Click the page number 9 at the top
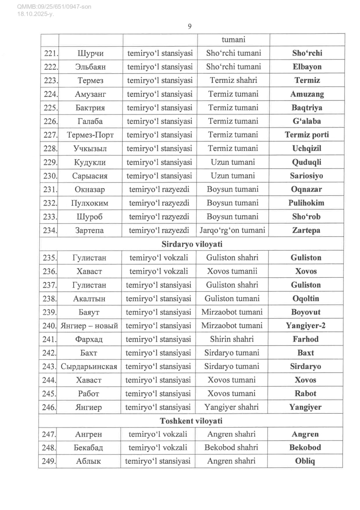[x=190, y=26]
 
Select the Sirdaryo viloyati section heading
[x=192, y=244]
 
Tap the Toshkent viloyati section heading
[x=191, y=421]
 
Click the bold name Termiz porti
[x=307, y=135]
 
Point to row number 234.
[x=50, y=230]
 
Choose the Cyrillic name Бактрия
[x=90, y=108]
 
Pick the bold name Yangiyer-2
[x=305, y=326]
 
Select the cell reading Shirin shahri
[x=232, y=339]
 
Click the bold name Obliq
[x=305, y=462]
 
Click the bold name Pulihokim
[x=306, y=203]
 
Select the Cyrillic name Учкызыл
[x=90, y=149]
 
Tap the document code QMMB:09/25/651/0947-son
[x=49, y=7]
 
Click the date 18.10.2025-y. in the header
[x=35, y=14]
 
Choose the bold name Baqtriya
[x=307, y=108]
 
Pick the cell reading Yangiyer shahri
[x=232, y=407]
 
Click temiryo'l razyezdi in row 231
[x=159, y=189]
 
